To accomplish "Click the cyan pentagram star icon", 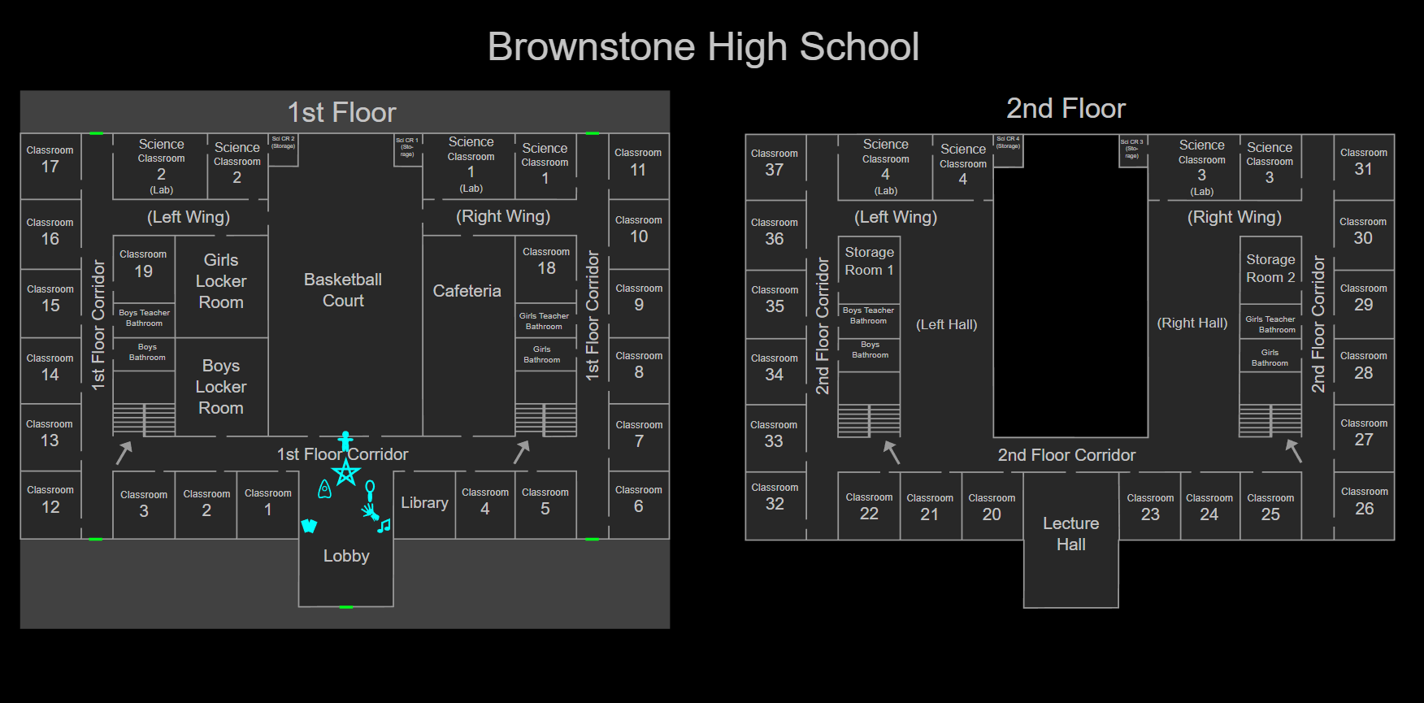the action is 346,472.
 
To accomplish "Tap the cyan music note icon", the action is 384,526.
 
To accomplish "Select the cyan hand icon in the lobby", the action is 371,511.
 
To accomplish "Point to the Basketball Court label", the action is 343,290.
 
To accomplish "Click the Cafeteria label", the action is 467,291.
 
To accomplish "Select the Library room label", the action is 424,503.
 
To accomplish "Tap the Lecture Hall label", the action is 1070,534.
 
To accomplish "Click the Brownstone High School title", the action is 703,47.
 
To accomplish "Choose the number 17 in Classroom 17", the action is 50,167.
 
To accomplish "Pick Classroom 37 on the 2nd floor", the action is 774,163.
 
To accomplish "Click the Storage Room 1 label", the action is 869,261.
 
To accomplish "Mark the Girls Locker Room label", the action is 221,281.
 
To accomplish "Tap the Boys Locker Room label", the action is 221,387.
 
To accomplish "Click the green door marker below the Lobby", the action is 346,607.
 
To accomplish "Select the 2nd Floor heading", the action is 1066,108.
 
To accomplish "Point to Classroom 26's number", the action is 1365,509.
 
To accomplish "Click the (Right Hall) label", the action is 1192,323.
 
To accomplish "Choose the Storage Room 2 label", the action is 1270,268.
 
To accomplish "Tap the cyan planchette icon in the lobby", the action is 324,489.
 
